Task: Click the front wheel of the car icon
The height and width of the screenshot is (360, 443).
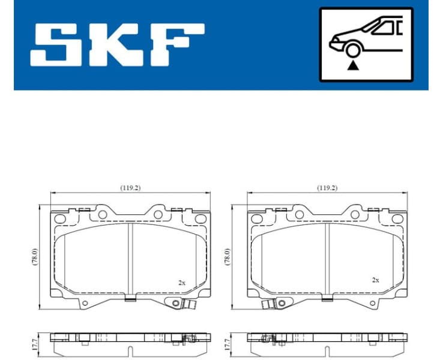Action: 354,50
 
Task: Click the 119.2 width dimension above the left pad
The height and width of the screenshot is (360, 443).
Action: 130,188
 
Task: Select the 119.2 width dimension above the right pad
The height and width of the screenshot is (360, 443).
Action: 327,188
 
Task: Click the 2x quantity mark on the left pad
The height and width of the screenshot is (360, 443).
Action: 181,281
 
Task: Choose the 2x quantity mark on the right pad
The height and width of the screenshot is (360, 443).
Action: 376,280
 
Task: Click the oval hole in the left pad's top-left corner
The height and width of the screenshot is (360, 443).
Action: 60,219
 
